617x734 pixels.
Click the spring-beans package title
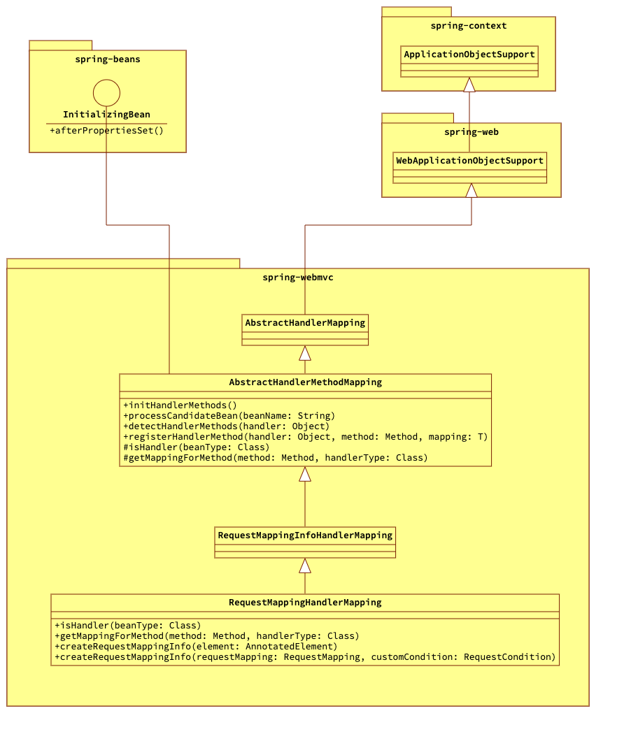pos(107,59)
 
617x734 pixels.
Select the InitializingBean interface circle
pos(106,93)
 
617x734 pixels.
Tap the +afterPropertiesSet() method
pos(106,130)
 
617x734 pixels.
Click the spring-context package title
pos(468,26)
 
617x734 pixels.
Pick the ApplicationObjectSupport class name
pos(469,55)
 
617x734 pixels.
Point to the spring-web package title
pos(471,132)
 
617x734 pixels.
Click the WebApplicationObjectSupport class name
pos(469,161)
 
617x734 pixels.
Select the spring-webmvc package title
pos(297,278)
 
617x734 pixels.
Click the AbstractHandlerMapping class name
pos(305,323)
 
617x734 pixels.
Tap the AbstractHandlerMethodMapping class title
pos(305,382)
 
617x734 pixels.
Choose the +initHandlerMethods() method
pos(180,405)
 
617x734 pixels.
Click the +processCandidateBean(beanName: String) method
pos(229,416)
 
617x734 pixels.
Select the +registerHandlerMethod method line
pos(305,437)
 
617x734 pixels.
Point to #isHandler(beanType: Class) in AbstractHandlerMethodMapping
pos(196,447)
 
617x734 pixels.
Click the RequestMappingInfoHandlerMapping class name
pos(305,535)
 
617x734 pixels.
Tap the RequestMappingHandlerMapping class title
pos(305,603)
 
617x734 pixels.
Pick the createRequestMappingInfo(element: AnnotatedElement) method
pos(195,647)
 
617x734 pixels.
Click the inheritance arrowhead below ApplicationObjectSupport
pos(469,85)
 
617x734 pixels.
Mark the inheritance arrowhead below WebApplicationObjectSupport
pos(471,190)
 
